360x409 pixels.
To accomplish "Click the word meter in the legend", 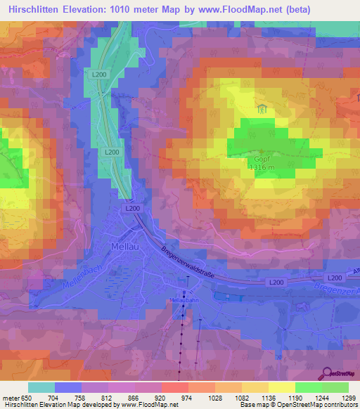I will point(11,397).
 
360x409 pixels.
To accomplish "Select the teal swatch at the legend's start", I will point(41,387).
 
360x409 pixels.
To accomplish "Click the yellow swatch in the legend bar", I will point(282,387).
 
